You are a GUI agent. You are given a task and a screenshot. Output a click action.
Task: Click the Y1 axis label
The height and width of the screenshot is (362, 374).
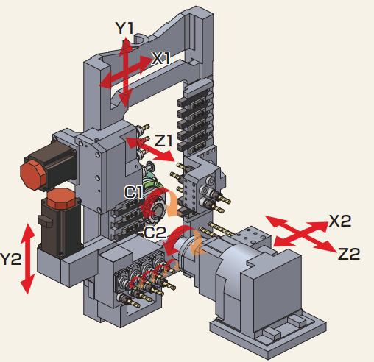(x=124, y=29)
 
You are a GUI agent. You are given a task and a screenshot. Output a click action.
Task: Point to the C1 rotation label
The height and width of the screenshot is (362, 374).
(x=134, y=193)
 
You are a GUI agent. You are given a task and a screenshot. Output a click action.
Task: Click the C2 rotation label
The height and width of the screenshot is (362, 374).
(x=155, y=232)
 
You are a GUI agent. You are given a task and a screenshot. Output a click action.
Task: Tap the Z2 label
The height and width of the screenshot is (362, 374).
(x=348, y=254)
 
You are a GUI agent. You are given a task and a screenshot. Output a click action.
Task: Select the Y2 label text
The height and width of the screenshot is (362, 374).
(x=11, y=259)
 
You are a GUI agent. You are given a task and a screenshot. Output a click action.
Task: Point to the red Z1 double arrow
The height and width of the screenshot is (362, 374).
(x=151, y=148)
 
